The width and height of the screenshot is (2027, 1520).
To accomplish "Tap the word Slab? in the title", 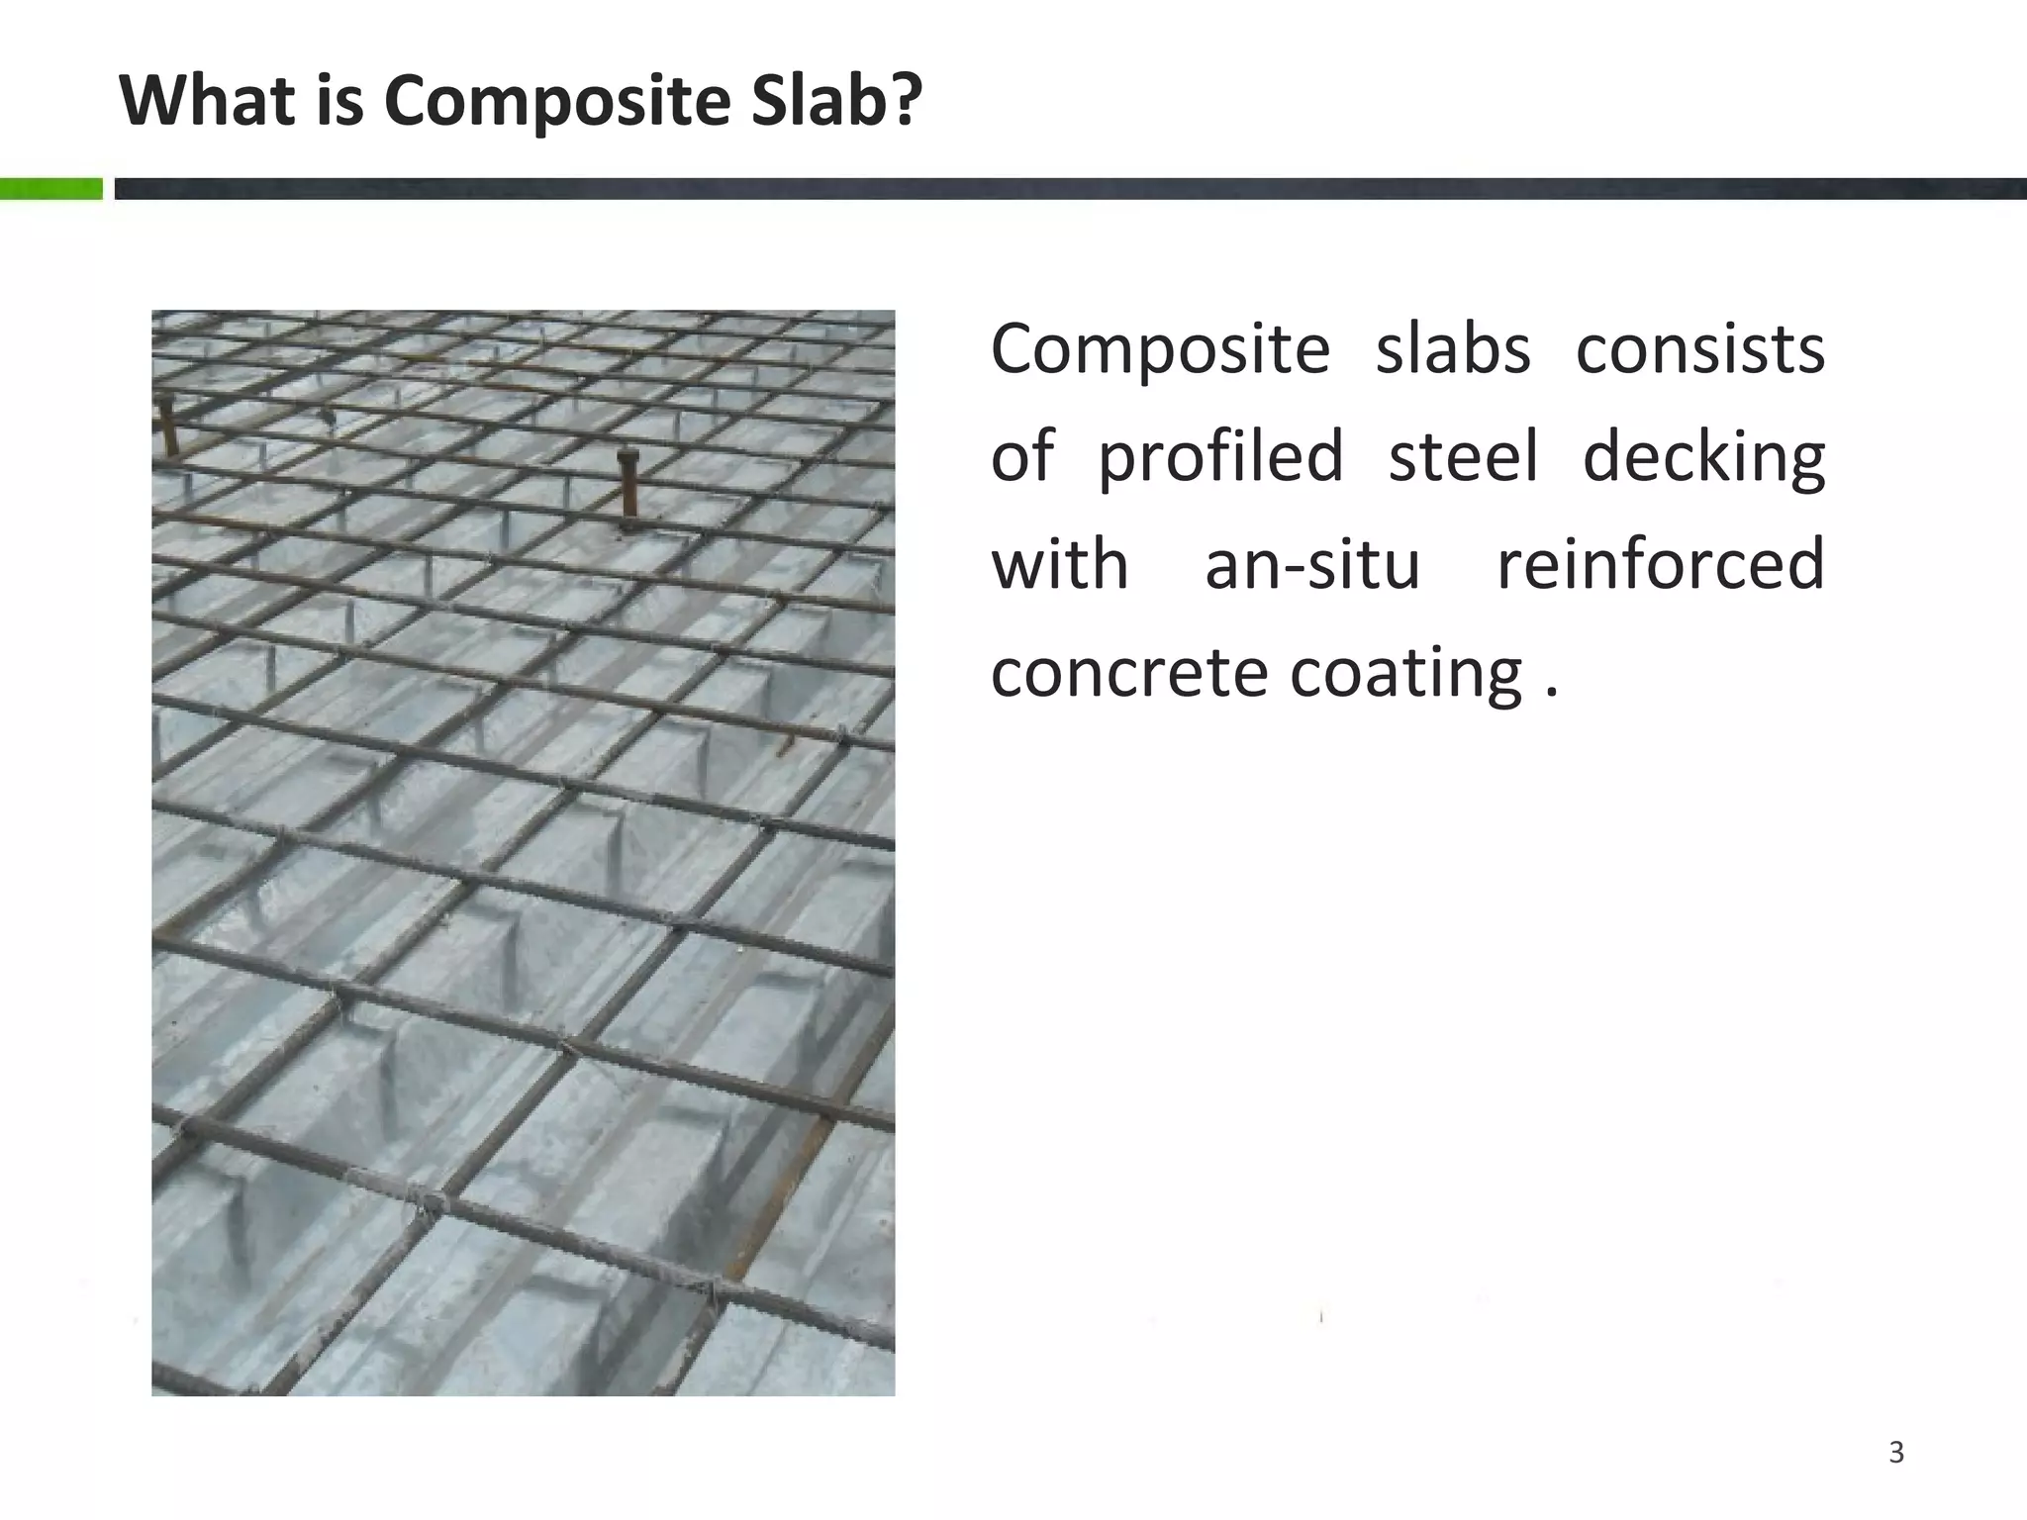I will [836, 101].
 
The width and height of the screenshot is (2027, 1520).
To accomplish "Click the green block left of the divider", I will [51, 189].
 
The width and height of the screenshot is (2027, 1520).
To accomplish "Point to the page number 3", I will [1896, 1453].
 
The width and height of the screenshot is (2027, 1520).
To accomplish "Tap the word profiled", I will [1220, 457].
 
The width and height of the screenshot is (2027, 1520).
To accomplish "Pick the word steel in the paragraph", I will [1463, 457].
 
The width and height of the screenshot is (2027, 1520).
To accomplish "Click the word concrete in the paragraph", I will [1127, 673].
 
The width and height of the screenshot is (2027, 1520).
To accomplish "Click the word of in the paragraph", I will [1022, 457].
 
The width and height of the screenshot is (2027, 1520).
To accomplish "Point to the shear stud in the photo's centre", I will [627, 485].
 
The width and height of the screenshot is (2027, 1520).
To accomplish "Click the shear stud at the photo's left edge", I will [167, 426].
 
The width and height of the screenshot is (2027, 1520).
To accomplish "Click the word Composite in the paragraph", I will [1160, 351].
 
